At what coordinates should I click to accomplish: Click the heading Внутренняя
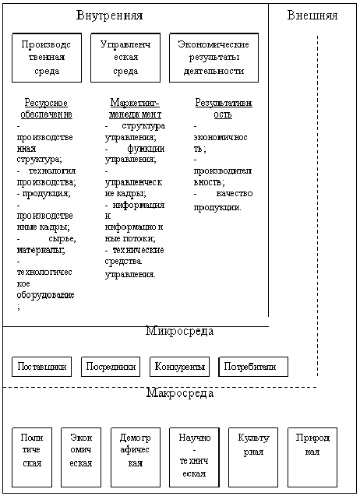tap(109, 16)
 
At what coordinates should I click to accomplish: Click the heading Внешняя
tap(312, 16)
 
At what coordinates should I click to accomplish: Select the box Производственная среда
tap(47, 58)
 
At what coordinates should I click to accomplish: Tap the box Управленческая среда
tap(125, 58)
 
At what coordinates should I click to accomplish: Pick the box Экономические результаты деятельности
tap(214, 58)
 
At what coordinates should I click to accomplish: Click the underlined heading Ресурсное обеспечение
tap(46, 108)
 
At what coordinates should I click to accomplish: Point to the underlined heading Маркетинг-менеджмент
tap(135, 108)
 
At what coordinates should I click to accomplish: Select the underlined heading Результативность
tap(223, 108)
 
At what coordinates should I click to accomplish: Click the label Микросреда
tap(179, 331)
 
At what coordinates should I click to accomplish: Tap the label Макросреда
tap(179, 393)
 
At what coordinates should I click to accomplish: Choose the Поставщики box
tap(41, 367)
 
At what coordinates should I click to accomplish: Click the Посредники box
tap(111, 367)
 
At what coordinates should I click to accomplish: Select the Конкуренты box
tap(179, 367)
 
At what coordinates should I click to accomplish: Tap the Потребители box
tap(253, 367)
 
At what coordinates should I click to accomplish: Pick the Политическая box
tap(32, 457)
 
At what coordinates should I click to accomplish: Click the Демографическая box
tap(136, 457)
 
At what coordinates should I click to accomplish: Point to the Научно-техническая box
tap(194, 457)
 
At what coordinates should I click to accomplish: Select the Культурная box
tap(253, 457)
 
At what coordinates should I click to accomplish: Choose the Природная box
tap(312, 457)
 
